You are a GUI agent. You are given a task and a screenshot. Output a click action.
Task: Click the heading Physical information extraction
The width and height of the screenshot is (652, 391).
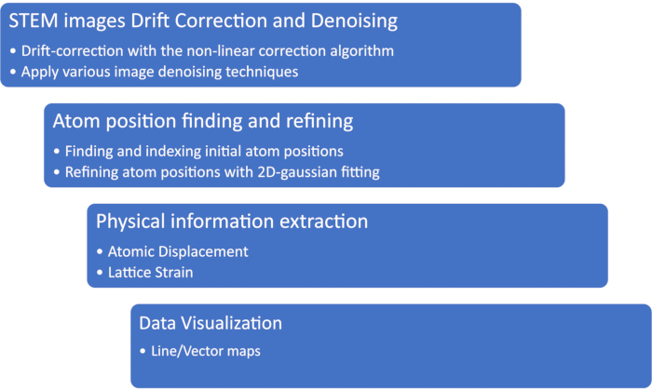click(232, 222)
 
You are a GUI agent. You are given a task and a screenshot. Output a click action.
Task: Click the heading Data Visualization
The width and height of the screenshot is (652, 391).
click(211, 323)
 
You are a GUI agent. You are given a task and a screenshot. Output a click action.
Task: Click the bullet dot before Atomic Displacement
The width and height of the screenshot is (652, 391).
click(101, 251)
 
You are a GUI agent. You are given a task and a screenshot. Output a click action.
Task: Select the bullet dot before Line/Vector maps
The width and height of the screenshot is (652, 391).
click(143, 352)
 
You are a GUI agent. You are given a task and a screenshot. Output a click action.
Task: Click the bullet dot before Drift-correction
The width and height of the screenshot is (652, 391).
click(13, 50)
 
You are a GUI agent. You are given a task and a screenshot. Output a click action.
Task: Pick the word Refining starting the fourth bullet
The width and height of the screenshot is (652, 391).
click(90, 171)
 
